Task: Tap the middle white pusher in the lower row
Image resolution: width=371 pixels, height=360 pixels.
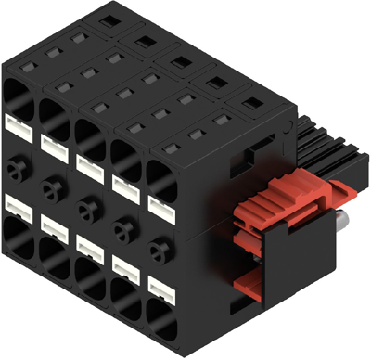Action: (90, 244)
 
